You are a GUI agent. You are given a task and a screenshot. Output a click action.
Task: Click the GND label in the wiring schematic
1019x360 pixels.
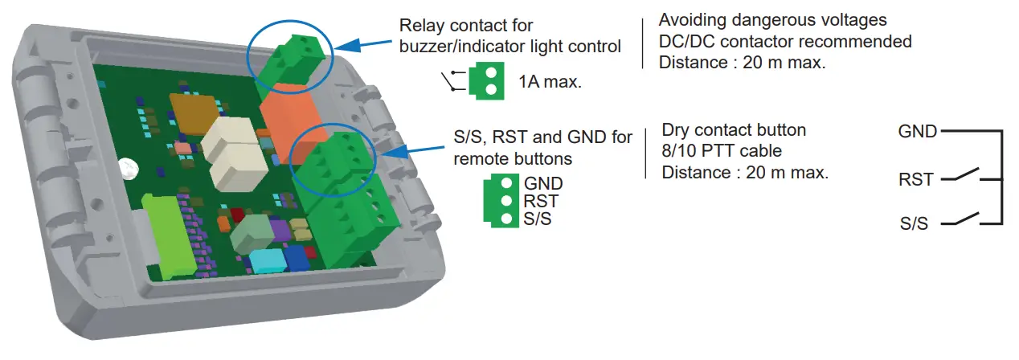click(x=918, y=130)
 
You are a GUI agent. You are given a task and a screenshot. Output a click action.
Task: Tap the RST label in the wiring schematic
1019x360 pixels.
click(x=916, y=179)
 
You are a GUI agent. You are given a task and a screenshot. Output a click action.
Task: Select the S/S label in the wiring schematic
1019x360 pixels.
click(x=914, y=223)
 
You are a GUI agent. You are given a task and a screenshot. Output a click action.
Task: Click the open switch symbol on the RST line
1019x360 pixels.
click(x=964, y=176)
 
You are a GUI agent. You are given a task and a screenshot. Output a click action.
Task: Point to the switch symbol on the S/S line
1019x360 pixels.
click(x=964, y=219)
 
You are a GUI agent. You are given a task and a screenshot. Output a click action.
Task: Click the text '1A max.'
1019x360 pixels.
click(x=550, y=82)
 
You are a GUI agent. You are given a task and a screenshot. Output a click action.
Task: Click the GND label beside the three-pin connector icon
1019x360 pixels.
click(x=543, y=184)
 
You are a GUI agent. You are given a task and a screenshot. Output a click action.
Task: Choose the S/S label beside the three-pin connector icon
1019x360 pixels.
click(x=538, y=219)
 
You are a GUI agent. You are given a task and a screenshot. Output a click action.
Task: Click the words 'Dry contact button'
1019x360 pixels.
click(x=733, y=130)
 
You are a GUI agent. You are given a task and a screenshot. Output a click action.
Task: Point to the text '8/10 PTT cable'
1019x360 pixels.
click(x=722, y=151)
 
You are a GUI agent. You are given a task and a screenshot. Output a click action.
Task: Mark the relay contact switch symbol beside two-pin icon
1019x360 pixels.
click(x=452, y=82)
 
